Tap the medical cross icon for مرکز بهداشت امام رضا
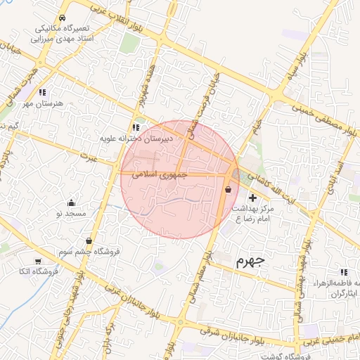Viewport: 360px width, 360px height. [x=253, y=199]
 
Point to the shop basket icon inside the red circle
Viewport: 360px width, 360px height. [x=228, y=189]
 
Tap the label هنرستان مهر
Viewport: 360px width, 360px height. [x=42, y=103]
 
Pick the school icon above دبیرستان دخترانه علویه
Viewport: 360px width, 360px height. [x=136, y=127]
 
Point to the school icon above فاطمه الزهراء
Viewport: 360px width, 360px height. [x=343, y=272]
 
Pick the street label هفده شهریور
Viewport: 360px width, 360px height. [x=141, y=91]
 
